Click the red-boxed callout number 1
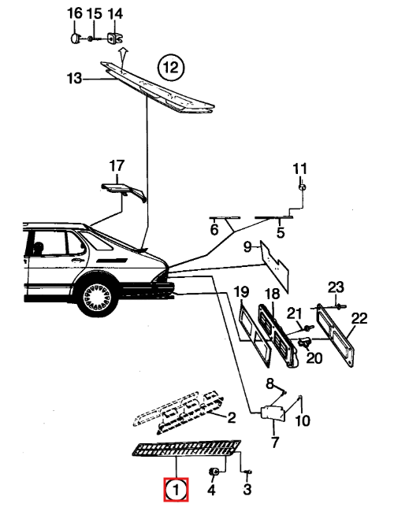[177, 489]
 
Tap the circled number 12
[171, 68]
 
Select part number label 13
[74, 79]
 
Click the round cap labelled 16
[76, 39]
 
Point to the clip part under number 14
[114, 39]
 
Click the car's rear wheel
[97, 297]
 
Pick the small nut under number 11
[302, 187]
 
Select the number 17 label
[117, 165]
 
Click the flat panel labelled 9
[274, 266]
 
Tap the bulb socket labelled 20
[304, 342]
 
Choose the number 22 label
[359, 318]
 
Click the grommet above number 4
[214, 471]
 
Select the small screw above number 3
[247, 472]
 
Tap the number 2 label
[231, 417]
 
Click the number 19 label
[242, 291]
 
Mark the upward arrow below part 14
[122, 55]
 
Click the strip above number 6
[225, 217]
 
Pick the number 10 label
[303, 420]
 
